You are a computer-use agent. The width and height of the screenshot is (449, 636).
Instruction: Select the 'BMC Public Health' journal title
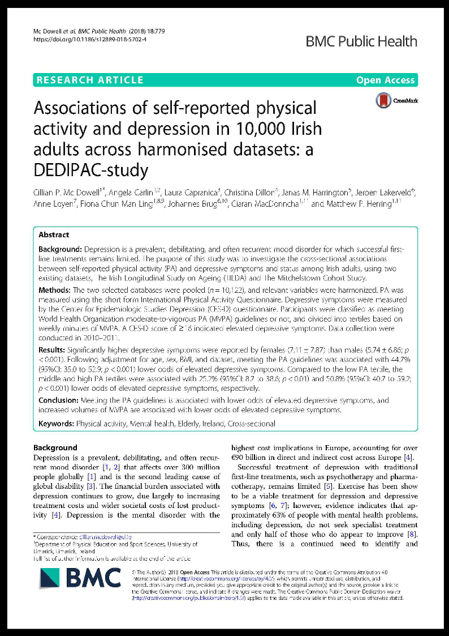tap(361, 41)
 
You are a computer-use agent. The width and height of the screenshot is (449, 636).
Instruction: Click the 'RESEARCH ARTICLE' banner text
tap(90, 80)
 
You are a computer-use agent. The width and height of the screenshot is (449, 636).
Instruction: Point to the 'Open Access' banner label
tap(385, 80)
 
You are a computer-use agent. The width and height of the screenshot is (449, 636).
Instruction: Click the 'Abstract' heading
tap(54, 234)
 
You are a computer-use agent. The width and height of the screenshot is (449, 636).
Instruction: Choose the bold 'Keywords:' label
tap(57, 423)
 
